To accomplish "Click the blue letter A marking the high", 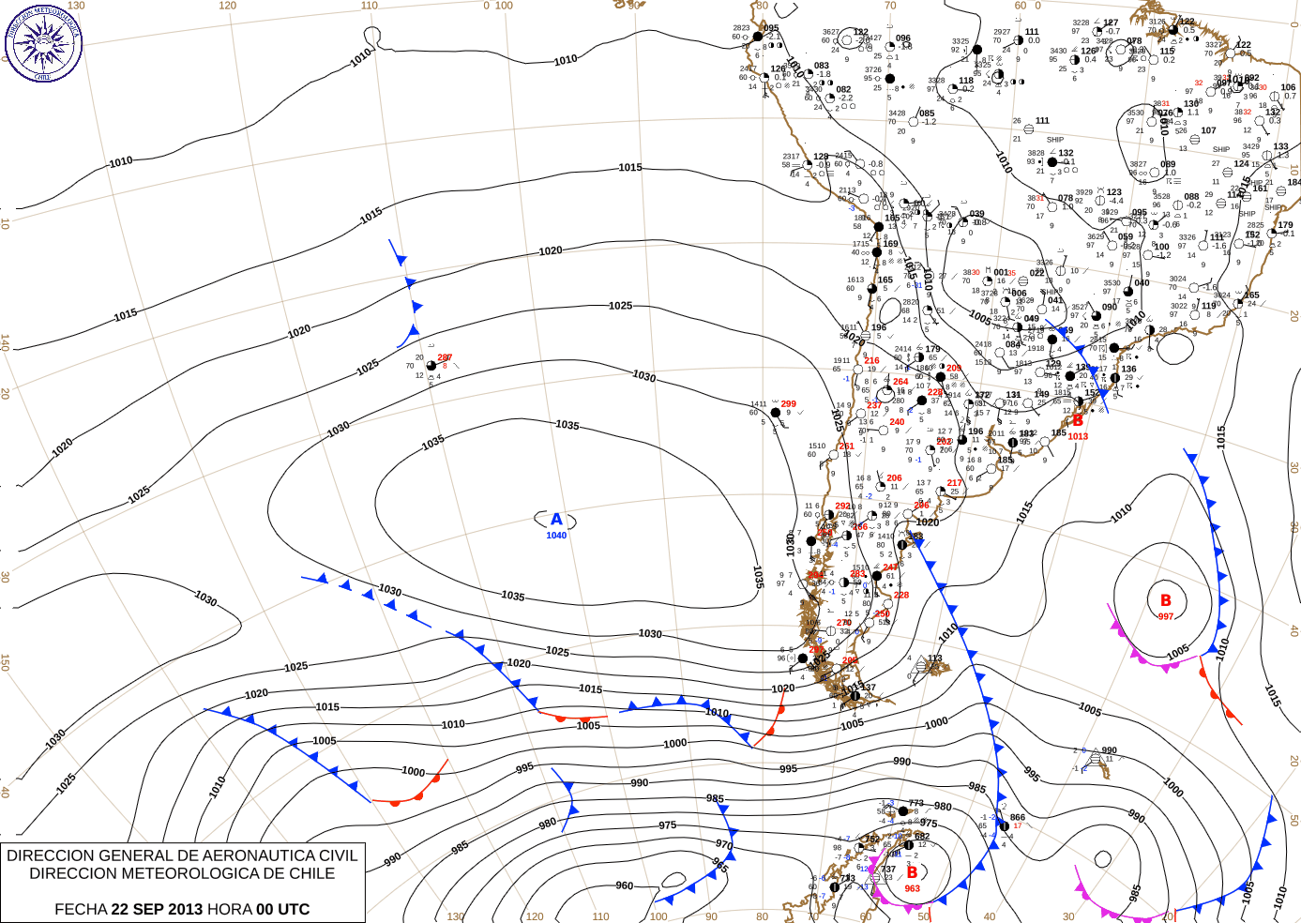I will click(556, 520).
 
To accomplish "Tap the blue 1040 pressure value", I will click(556, 536).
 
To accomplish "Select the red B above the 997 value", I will click(1165, 600).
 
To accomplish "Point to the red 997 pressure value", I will click(1165, 616).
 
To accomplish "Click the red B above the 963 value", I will click(912, 872).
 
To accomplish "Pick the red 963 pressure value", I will click(912, 888).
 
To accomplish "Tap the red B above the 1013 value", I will click(1078, 421).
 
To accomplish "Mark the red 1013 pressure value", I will click(1078, 436).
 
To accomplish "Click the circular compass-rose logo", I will click(43, 42).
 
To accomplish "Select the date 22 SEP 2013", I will click(157, 909).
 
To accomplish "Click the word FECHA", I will click(81, 909).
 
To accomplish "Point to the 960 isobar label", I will click(624, 885).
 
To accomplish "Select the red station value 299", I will click(788, 404).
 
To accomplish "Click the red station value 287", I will click(445, 357).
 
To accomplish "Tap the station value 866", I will click(1018, 817).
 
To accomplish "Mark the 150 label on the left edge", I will click(6, 662).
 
